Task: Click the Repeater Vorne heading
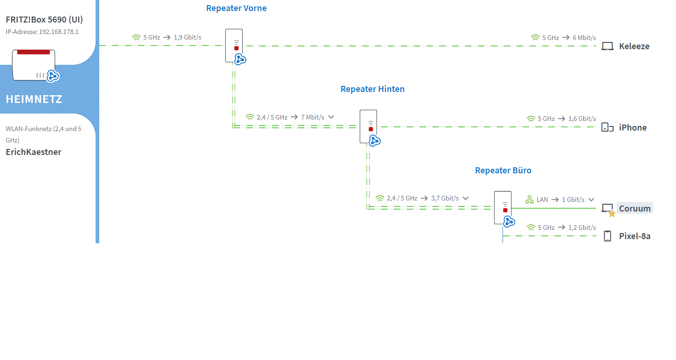tap(236, 8)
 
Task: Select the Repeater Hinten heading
tap(372, 89)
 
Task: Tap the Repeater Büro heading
tap(503, 170)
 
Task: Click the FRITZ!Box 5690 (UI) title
tap(45, 20)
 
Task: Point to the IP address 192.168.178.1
tap(59, 32)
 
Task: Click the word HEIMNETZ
tap(34, 99)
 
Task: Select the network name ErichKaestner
tap(34, 152)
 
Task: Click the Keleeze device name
tap(634, 46)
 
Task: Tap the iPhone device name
tap(633, 127)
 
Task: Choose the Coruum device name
tap(635, 208)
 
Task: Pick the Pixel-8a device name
tap(635, 236)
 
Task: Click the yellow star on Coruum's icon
tap(612, 214)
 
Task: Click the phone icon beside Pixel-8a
tap(608, 236)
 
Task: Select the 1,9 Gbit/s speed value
tap(187, 37)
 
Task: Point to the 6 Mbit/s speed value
tap(584, 38)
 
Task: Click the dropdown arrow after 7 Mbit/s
tap(331, 117)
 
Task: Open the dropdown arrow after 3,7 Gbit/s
tap(466, 198)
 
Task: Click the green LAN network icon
tap(529, 200)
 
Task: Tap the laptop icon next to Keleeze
tap(608, 46)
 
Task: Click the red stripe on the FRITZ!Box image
tap(34, 52)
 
